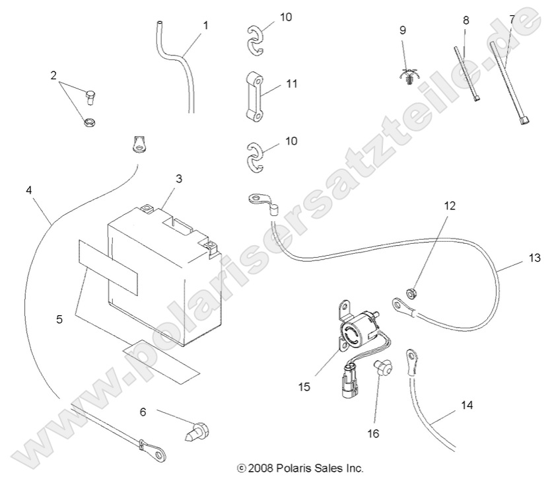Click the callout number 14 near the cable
(x=466, y=404)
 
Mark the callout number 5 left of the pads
(x=59, y=318)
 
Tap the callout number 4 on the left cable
(x=28, y=190)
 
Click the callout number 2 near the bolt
(x=53, y=75)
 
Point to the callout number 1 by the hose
(x=206, y=25)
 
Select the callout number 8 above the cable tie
(x=466, y=20)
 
